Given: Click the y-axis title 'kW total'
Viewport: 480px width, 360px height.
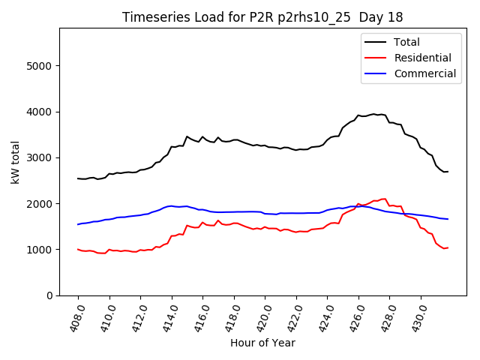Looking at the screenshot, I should pyautogui.click(x=16, y=162).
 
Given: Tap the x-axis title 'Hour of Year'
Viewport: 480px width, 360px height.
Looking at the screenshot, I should pyautogui.click(x=262, y=343).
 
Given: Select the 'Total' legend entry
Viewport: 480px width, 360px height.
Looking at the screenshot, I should pyautogui.click(x=406, y=43).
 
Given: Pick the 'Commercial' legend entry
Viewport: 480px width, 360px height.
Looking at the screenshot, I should pyautogui.click(x=425, y=73).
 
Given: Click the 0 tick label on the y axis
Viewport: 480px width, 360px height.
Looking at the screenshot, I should pyautogui.click(x=49, y=295).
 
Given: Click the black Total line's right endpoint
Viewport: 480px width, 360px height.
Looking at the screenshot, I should pyautogui.click(x=448, y=172).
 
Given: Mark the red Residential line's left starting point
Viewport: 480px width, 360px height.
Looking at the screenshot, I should pyautogui.click(x=78, y=249).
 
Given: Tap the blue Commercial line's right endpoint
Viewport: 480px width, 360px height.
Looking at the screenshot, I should pyautogui.click(x=448, y=219).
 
